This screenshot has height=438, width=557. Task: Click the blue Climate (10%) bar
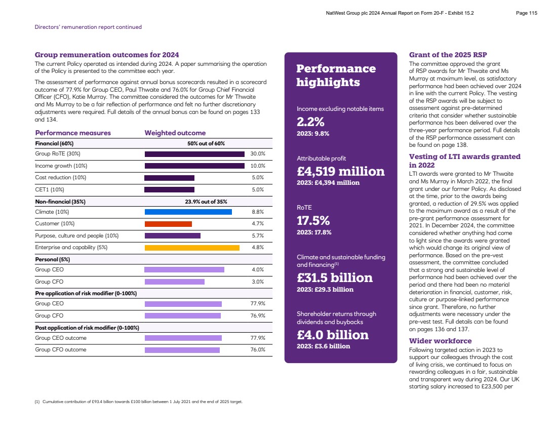pyautogui.click(x=188, y=212)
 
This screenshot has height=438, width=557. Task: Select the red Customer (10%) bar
pyautogui.click(x=168, y=224)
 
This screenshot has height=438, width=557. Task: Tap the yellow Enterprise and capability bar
pyautogui.click(x=192, y=248)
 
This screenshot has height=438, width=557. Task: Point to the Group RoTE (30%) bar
pyautogui.click(x=194, y=154)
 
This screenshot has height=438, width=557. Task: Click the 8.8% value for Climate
pyautogui.click(x=258, y=212)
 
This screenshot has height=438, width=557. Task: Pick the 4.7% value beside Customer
pyautogui.click(x=258, y=224)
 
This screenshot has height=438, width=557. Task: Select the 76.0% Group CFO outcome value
pyautogui.click(x=258, y=350)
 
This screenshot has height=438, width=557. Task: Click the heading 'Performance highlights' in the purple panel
pyautogui.click(x=336, y=75)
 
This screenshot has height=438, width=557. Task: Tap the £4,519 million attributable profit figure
pyautogui.click(x=340, y=171)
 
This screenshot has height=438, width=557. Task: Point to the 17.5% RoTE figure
pyautogui.click(x=313, y=221)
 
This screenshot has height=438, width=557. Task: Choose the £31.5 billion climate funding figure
pyautogui.click(x=334, y=277)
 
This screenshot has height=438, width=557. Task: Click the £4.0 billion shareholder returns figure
pyautogui.click(x=332, y=335)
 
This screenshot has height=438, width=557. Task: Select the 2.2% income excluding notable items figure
pyautogui.click(x=310, y=122)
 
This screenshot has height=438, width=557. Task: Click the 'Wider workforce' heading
pyautogui.click(x=440, y=341)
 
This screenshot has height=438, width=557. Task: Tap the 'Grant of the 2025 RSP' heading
pyautogui.click(x=448, y=55)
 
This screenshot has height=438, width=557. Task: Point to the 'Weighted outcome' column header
pyautogui.click(x=175, y=133)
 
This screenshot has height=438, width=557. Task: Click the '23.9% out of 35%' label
pyautogui.click(x=206, y=202)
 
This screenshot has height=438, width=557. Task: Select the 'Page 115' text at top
pyautogui.click(x=526, y=13)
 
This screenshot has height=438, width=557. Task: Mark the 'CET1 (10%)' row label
pyautogui.click(x=50, y=190)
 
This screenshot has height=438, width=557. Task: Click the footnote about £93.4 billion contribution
pyautogui.click(x=138, y=402)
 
